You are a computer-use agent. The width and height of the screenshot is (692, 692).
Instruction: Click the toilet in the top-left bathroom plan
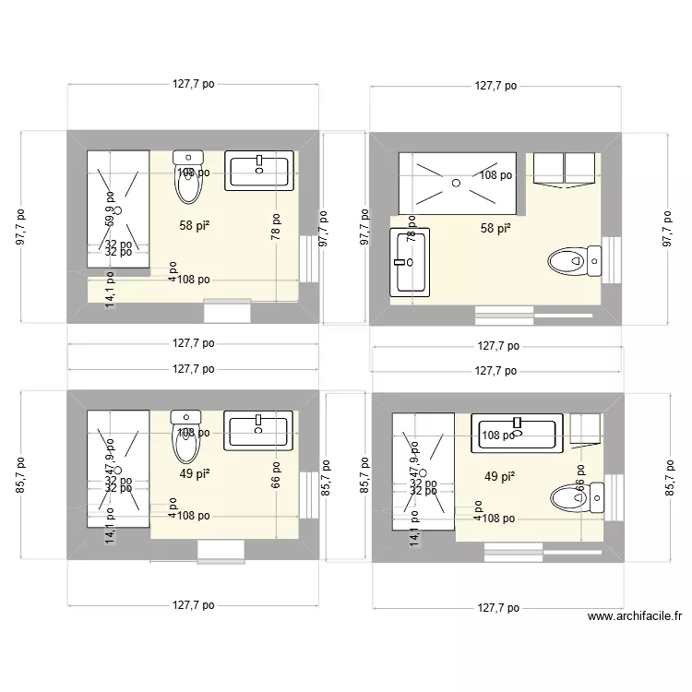pos(189,179)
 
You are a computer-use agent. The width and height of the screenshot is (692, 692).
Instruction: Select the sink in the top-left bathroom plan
pos(259,171)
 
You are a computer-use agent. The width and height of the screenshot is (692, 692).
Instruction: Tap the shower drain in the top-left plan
pos(118,209)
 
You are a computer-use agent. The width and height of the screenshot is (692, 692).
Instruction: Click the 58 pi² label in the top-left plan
pos(194,224)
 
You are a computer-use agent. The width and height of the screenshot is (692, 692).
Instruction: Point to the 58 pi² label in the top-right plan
pos(495,228)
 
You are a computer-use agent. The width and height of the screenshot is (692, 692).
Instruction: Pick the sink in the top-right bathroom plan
pos(411,262)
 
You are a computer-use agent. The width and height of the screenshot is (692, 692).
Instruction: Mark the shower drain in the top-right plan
pos(456,183)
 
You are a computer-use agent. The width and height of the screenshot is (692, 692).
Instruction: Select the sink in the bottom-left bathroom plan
pos(259,432)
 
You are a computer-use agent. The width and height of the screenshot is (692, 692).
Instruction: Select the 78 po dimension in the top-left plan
pos(275,226)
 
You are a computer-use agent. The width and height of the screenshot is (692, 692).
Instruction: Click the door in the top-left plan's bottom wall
pos(226,311)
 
